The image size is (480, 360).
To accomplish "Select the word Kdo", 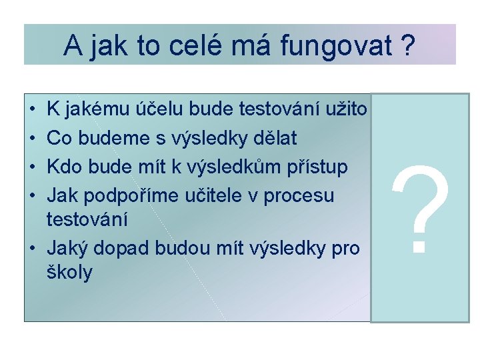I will (64, 167).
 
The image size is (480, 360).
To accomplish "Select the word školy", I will (70, 272).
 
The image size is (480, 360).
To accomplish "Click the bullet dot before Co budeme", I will (33, 139).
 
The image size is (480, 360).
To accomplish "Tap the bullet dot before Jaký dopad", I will (33, 249).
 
